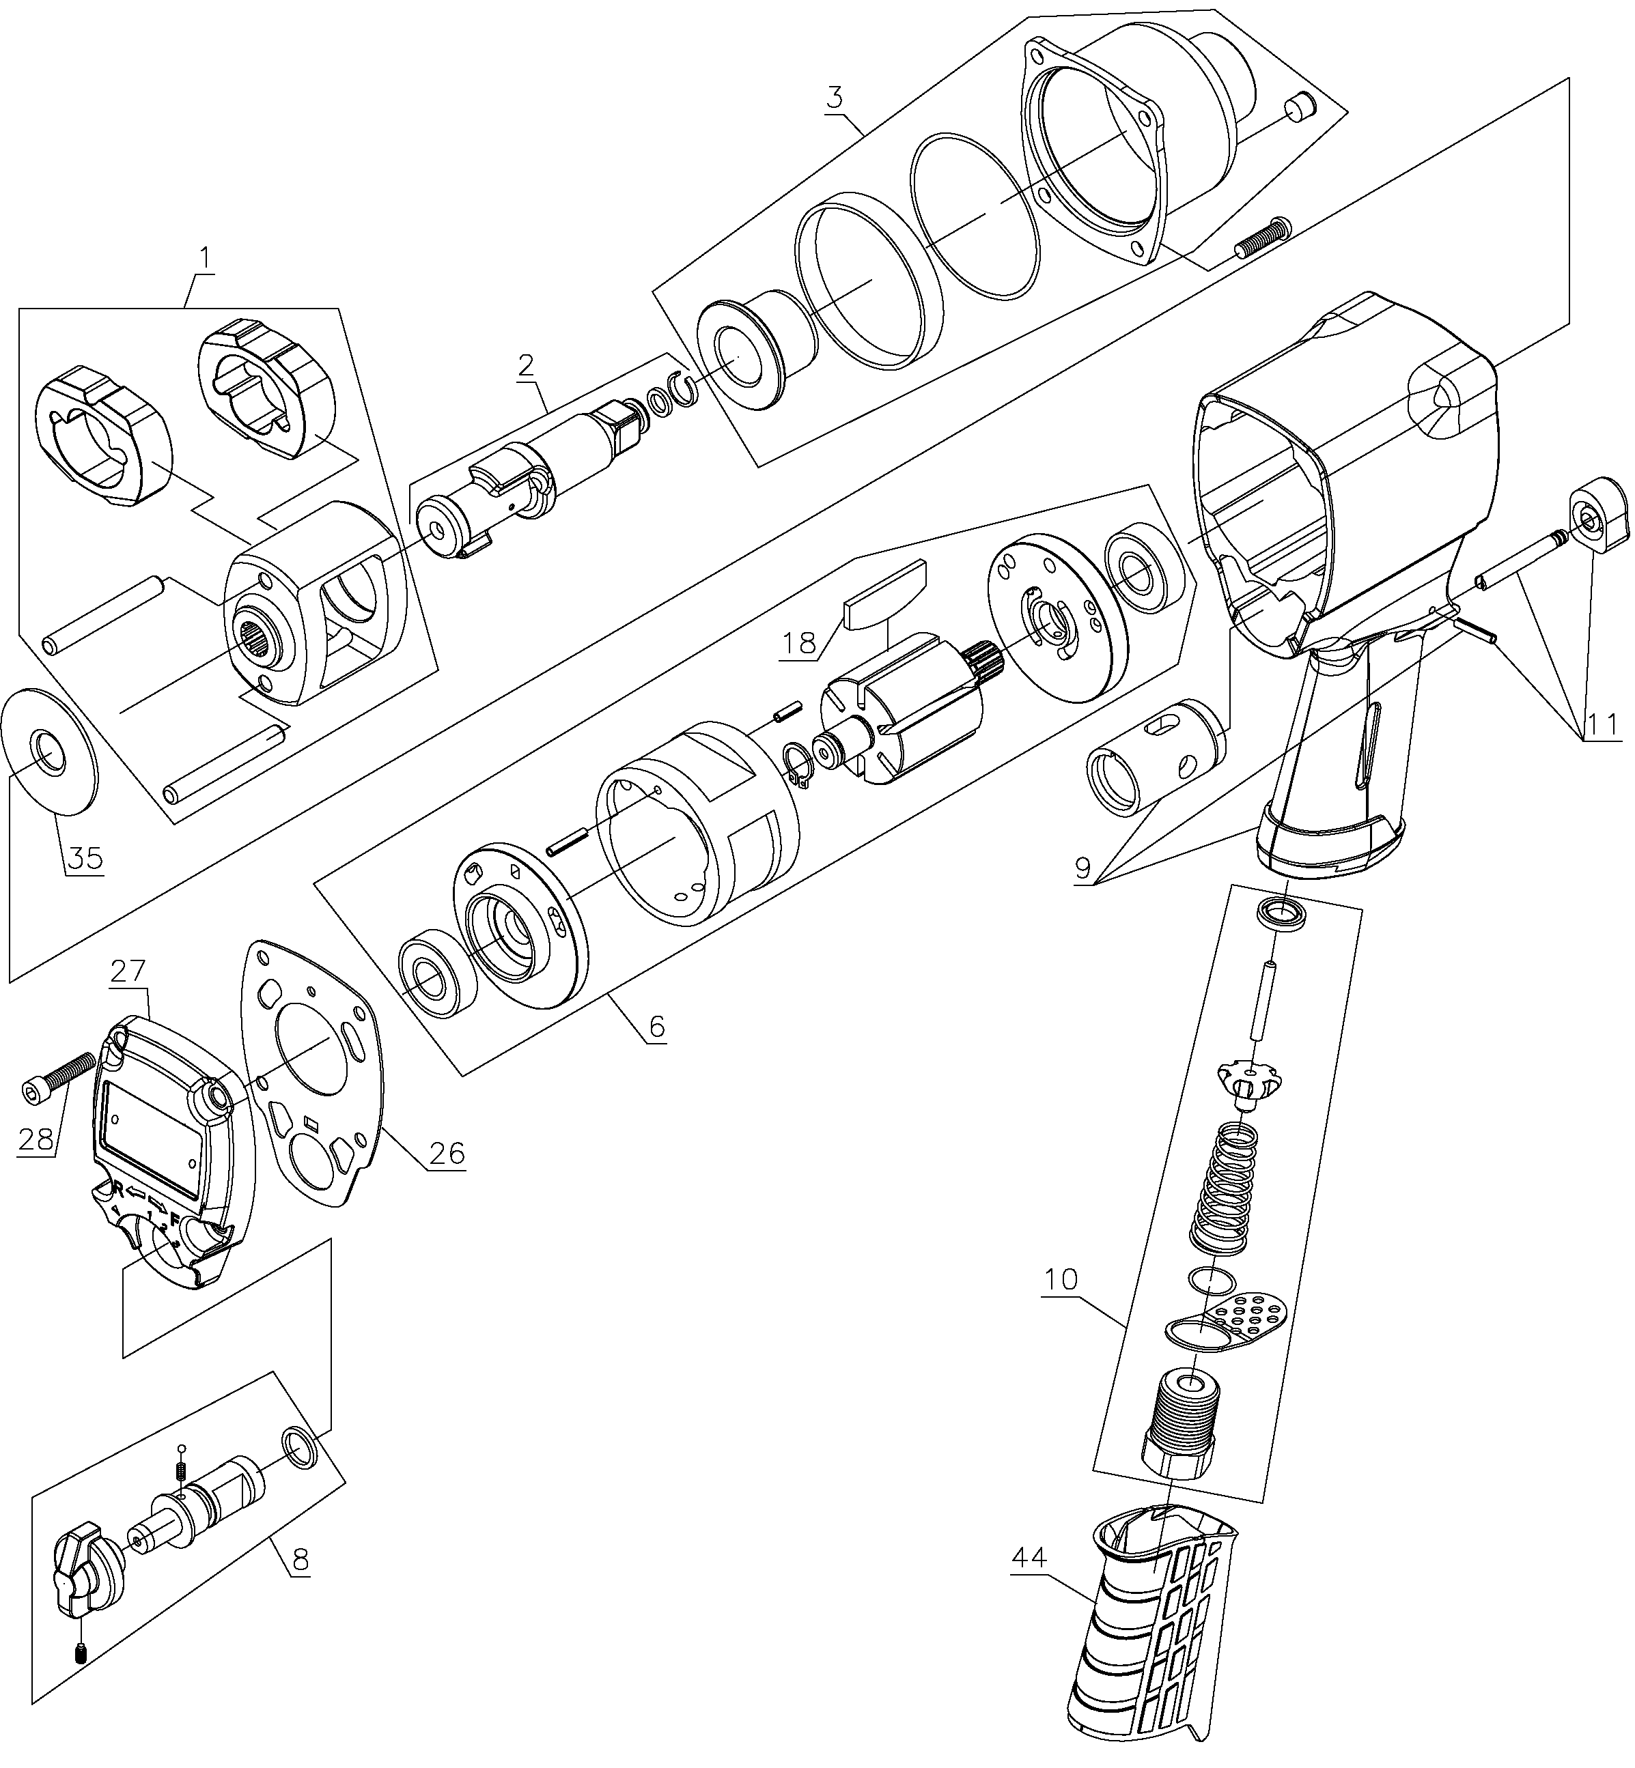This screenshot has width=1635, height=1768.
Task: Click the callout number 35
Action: (83, 858)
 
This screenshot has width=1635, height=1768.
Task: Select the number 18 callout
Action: (800, 643)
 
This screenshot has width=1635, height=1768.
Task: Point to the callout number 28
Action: (36, 1140)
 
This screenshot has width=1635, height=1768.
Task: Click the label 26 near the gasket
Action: (447, 1152)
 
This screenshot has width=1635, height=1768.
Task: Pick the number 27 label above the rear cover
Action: (129, 970)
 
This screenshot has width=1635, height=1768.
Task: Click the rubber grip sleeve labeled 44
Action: (1150, 1636)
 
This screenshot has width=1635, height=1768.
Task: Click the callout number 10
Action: (1060, 1280)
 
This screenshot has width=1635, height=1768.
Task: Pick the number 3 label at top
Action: (835, 98)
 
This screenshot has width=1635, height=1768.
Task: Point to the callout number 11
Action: (1602, 725)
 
